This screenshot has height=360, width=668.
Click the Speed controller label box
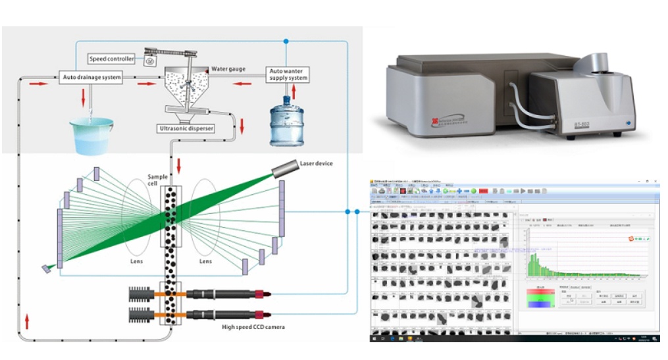point(111,59)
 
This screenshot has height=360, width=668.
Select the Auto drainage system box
point(91,78)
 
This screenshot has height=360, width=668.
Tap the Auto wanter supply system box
point(288,74)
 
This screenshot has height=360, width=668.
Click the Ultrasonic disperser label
point(186,128)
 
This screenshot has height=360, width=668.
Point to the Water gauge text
point(228,68)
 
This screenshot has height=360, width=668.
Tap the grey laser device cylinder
point(283,168)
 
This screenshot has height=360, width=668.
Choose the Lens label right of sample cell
point(206,261)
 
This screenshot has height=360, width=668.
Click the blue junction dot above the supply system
point(286,41)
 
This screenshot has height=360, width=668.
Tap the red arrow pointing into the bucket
point(84,98)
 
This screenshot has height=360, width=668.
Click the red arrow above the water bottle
point(294,90)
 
